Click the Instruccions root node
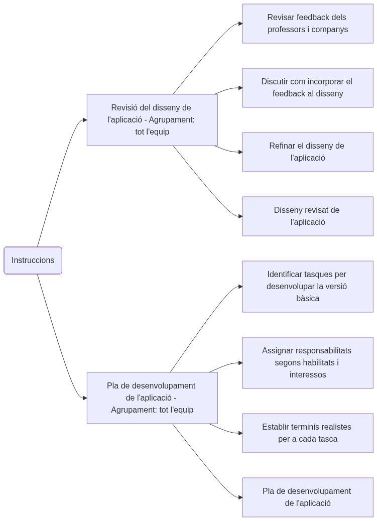point(33,260)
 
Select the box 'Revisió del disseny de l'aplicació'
point(152,120)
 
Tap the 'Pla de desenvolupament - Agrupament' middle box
point(152,398)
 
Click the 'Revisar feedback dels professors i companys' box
point(308,24)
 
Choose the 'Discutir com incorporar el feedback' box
point(308,88)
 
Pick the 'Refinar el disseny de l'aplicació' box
point(308,152)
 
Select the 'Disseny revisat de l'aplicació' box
point(308,216)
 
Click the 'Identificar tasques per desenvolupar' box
point(308,287)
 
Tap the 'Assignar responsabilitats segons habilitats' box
point(308,363)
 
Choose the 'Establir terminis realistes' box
point(308,433)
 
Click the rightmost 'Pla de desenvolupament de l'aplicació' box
point(308,497)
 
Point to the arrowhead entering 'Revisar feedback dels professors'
point(240,24)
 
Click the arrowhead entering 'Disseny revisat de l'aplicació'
point(240,216)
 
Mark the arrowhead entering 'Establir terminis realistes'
point(240,433)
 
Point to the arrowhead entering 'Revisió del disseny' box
point(85,120)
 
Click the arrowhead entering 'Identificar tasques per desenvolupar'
point(240,287)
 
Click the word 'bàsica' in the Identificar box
point(308,299)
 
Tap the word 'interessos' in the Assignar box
point(308,375)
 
